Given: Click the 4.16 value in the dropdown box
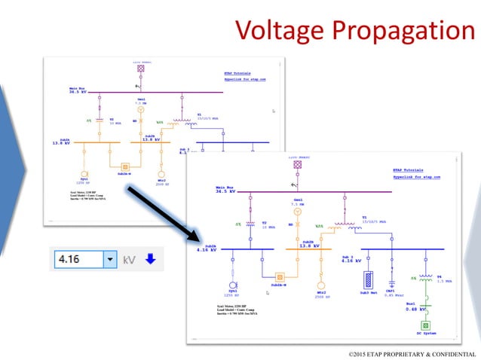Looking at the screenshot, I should [x=75, y=260].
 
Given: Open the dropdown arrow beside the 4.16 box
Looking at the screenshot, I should [x=110, y=260].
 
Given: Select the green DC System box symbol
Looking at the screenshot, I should [x=425, y=325].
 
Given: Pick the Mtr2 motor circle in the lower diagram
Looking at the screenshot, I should [x=321, y=285].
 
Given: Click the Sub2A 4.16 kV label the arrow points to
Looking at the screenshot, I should [x=207, y=249].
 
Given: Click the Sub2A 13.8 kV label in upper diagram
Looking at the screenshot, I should [x=62, y=142].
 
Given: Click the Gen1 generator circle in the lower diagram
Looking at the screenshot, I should [x=297, y=212].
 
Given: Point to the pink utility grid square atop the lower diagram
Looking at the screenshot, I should [x=297, y=164].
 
